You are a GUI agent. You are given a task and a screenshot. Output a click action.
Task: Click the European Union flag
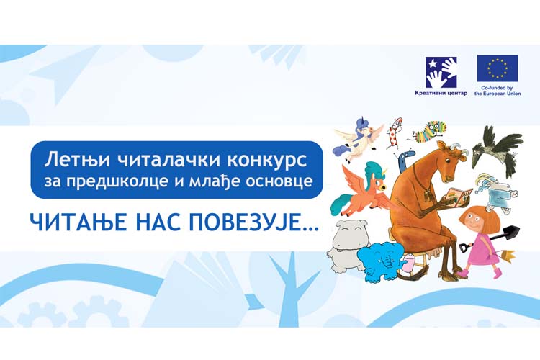[498, 68]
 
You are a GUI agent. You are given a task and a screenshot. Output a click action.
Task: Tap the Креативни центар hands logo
[441, 72]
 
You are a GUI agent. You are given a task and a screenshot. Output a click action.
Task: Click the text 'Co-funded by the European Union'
[498, 91]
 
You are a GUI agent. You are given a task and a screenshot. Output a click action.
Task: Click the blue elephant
[378, 261]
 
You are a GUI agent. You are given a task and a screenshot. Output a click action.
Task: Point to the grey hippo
[348, 243]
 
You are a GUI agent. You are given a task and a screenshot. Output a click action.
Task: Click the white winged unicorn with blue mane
[358, 138]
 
